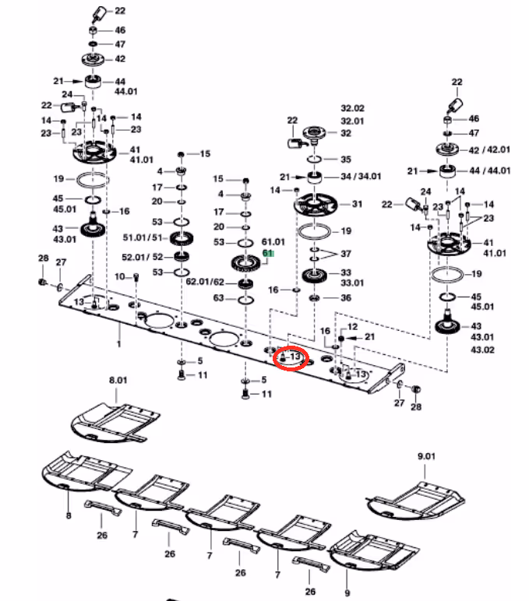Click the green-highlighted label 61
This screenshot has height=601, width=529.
tap(268, 253)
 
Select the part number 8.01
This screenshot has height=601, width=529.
tap(118, 380)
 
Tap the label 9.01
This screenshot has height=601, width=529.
tap(426, 456)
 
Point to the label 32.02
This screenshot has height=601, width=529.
tap(353, 108)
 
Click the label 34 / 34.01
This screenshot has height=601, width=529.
tap(361, 176)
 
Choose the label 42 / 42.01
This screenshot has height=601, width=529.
tap(489, 149)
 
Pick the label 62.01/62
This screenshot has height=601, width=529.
tap(205, 282)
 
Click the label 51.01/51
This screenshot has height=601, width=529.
tap(143, 237)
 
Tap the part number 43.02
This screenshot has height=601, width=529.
tap(482, 350)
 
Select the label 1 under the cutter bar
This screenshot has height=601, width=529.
tap(119, 344)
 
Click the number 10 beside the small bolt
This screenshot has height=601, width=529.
tap(120, 276)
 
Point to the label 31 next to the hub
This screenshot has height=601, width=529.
tap(357, 204)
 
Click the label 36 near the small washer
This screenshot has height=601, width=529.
tap(346, 298)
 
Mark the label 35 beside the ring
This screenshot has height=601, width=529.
tap(346, 159)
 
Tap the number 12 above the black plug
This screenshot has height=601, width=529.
tap(353, 326)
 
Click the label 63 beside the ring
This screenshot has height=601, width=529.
tap(218, 298)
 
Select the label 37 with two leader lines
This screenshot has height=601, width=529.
tap(346, 254)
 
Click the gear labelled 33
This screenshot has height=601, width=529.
tap(314, 276)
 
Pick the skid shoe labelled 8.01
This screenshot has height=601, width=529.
tap(115, 423)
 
